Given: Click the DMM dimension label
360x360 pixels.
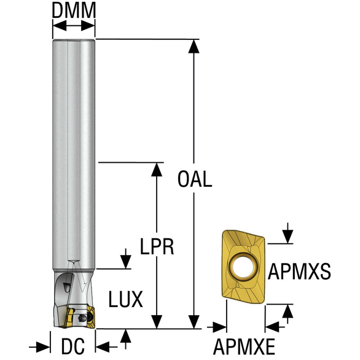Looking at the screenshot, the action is [x=74, y=10].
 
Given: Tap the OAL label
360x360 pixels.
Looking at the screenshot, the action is [x=195, y=179].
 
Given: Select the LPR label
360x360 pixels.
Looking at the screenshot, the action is [x=157, y=246].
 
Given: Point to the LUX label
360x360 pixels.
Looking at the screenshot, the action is [x=125, y=299].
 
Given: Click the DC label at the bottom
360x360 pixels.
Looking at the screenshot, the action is [x=72, y=346].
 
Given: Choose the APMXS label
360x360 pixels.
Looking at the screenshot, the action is [x=299, y=272].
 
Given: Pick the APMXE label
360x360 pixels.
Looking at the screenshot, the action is [x=245, y=346].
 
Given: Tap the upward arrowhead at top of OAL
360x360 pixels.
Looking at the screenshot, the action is [x=194, y=46].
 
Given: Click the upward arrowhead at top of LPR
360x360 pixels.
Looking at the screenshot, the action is [x=157, y=170].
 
